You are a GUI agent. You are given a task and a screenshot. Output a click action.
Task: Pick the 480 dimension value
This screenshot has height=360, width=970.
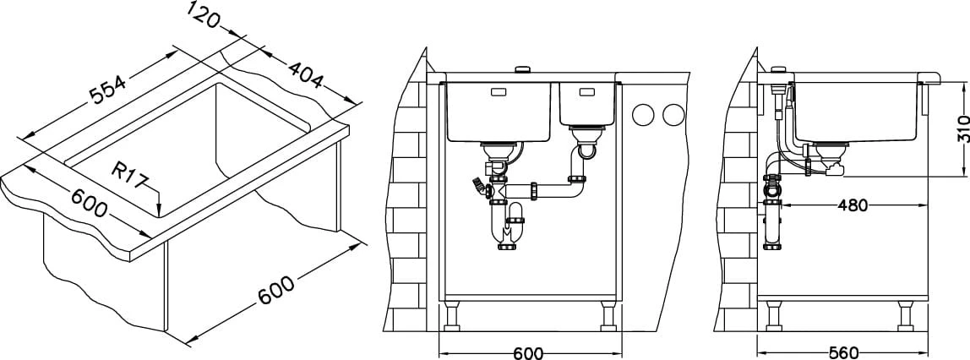(852, 205)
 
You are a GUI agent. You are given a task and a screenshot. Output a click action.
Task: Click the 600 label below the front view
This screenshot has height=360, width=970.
(529, 353)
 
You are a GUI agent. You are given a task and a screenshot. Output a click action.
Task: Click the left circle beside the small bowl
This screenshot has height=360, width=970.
(644, 114)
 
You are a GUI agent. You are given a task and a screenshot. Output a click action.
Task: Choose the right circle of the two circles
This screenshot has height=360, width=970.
(673, 114)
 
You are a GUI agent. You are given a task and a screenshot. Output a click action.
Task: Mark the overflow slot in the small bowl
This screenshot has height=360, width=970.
(586, 94)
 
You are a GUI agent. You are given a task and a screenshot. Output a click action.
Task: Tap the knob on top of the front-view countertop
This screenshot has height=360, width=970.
(523, 68)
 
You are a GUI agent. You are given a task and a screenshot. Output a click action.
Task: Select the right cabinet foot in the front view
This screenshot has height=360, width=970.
(608, 316)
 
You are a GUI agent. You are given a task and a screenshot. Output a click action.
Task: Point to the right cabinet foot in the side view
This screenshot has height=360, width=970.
(907, 316)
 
